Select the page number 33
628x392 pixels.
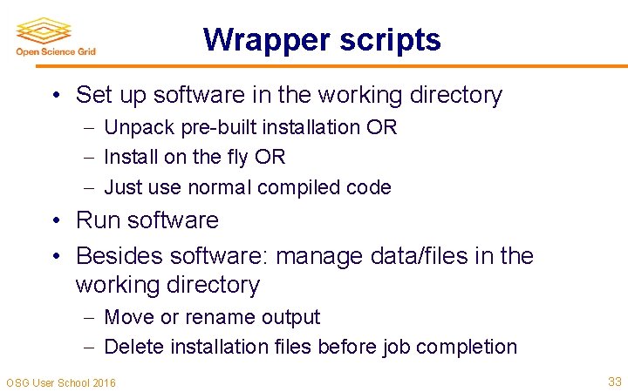613,381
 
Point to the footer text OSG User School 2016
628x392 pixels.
61,382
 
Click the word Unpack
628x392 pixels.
140,128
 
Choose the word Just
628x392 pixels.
122,187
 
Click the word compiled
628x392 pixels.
305,187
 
